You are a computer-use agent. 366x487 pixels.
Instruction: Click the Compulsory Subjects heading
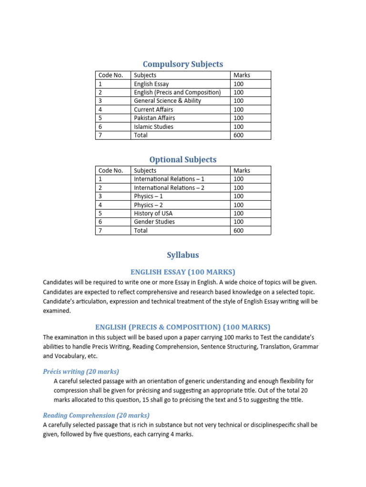coord(183,64)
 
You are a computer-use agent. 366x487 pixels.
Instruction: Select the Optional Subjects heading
coord(183,160)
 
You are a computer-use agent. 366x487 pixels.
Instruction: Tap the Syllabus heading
coord(183,255)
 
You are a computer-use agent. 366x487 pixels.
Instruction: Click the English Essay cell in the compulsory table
coord(152,84)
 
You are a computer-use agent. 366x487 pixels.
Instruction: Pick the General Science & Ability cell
coord(167,101)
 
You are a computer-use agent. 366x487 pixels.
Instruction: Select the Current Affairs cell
coord(153,109)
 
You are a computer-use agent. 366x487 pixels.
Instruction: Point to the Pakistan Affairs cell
coord(154,118)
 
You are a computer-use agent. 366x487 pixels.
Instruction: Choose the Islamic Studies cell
coord(153,127)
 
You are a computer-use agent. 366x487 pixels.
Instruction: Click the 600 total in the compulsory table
coord(239,135)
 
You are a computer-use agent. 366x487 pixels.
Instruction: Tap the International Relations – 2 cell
coord(169,188)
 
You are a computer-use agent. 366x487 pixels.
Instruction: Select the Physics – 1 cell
coord(149,196)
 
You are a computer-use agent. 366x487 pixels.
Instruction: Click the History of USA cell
coord(153,213)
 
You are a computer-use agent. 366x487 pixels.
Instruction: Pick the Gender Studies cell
coord(154,222)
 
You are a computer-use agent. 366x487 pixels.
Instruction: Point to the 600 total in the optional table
coord(239,231)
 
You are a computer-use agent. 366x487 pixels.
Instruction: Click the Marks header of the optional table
coord(242,170)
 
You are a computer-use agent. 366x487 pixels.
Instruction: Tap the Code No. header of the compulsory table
coord(111,75)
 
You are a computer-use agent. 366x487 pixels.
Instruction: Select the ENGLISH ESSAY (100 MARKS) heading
coord(183,272)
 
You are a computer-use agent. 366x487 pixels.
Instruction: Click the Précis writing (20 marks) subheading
coord(81,371)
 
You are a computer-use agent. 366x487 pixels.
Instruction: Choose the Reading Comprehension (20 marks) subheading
coord(96,415)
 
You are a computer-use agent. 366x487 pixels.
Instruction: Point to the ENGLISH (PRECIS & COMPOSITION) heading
coord(183,327)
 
